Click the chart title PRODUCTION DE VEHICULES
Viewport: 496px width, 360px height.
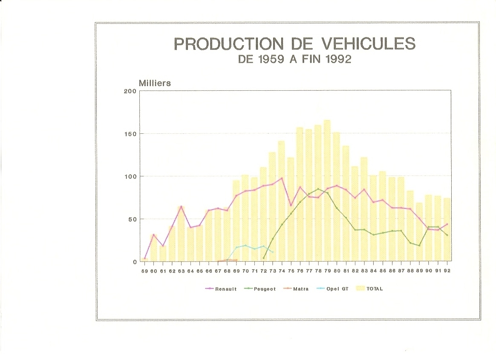pyautogui.click(x=294, y=44)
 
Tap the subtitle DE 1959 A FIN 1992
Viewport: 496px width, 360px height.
pyautogui.click(x=294, y=59)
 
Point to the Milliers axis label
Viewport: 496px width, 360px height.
pyautogui.click(x=155, y=83)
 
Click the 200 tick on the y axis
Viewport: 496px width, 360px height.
pyautogui.click(x=131, y=91)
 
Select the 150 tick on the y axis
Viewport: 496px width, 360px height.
pyautogui.click(x=131, y=134)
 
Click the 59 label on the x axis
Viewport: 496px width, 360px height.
pyautogui.click(x=144, y=271)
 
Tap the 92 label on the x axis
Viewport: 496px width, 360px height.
pyautogui.click(x=447, y=271)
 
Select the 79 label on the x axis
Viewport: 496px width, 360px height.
pyautogui.click(x=328, y=271)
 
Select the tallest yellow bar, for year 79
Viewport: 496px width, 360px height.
pyautogui.click(x=327, y=192)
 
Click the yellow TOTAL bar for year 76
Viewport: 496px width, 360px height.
pyautogui.click(x=300, y=196)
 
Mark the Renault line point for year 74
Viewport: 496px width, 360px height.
pyautogui.click(x=282, y=178)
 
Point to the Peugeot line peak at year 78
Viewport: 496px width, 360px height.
pyautogui.click(x=318, y=189)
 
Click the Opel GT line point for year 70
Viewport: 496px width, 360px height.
pyautogui.click(x=245, y=245)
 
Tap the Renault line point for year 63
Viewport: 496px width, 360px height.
pyautogui.click(x=181, y=207)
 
